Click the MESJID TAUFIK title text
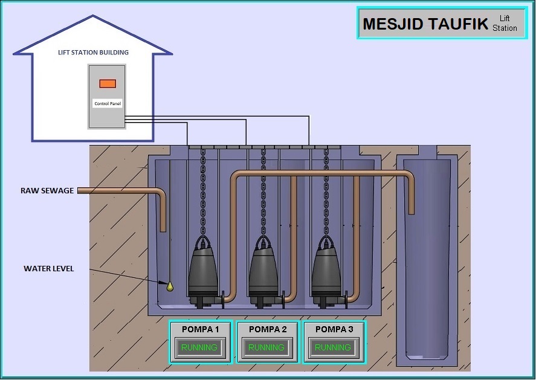[x=425, y=24]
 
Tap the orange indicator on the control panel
[x=108, y=83]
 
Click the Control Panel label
[x=108, y=103]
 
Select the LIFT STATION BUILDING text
[x=93, y=53]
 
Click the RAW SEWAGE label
[x=47, y=191]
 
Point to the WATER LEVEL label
[x=48, y=269]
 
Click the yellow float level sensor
[x=170, y=286]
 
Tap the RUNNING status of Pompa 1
[x=199, y=347]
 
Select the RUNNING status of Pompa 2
[x=266, y=347]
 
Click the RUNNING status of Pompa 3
[x=333, y=347]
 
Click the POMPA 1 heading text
[x=200, y=329]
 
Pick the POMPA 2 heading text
[x=268, y=329]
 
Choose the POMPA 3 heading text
[x=334, y=329]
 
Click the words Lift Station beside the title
[x=505, y=23]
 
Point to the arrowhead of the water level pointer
[x=164, y=283]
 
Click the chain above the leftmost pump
[x=203, y=192]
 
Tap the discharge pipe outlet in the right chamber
[x=412, y=212]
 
